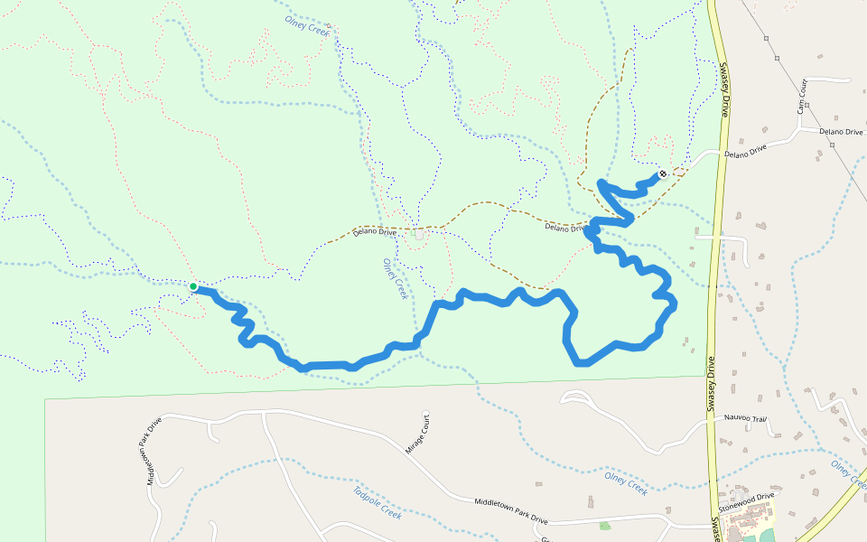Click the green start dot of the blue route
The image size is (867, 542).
(x=193, y=286)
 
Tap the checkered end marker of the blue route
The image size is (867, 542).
(x=663, y=173)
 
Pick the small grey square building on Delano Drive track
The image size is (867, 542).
(x=418, y=234)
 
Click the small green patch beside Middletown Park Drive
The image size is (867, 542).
(x=604, y=525)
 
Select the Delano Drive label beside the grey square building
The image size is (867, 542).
(x=375, y=232)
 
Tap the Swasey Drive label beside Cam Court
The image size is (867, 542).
(x=723, y=90)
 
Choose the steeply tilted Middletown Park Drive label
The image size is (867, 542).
(x=154, y=451)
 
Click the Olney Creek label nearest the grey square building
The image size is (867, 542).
(x=395, y=279)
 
